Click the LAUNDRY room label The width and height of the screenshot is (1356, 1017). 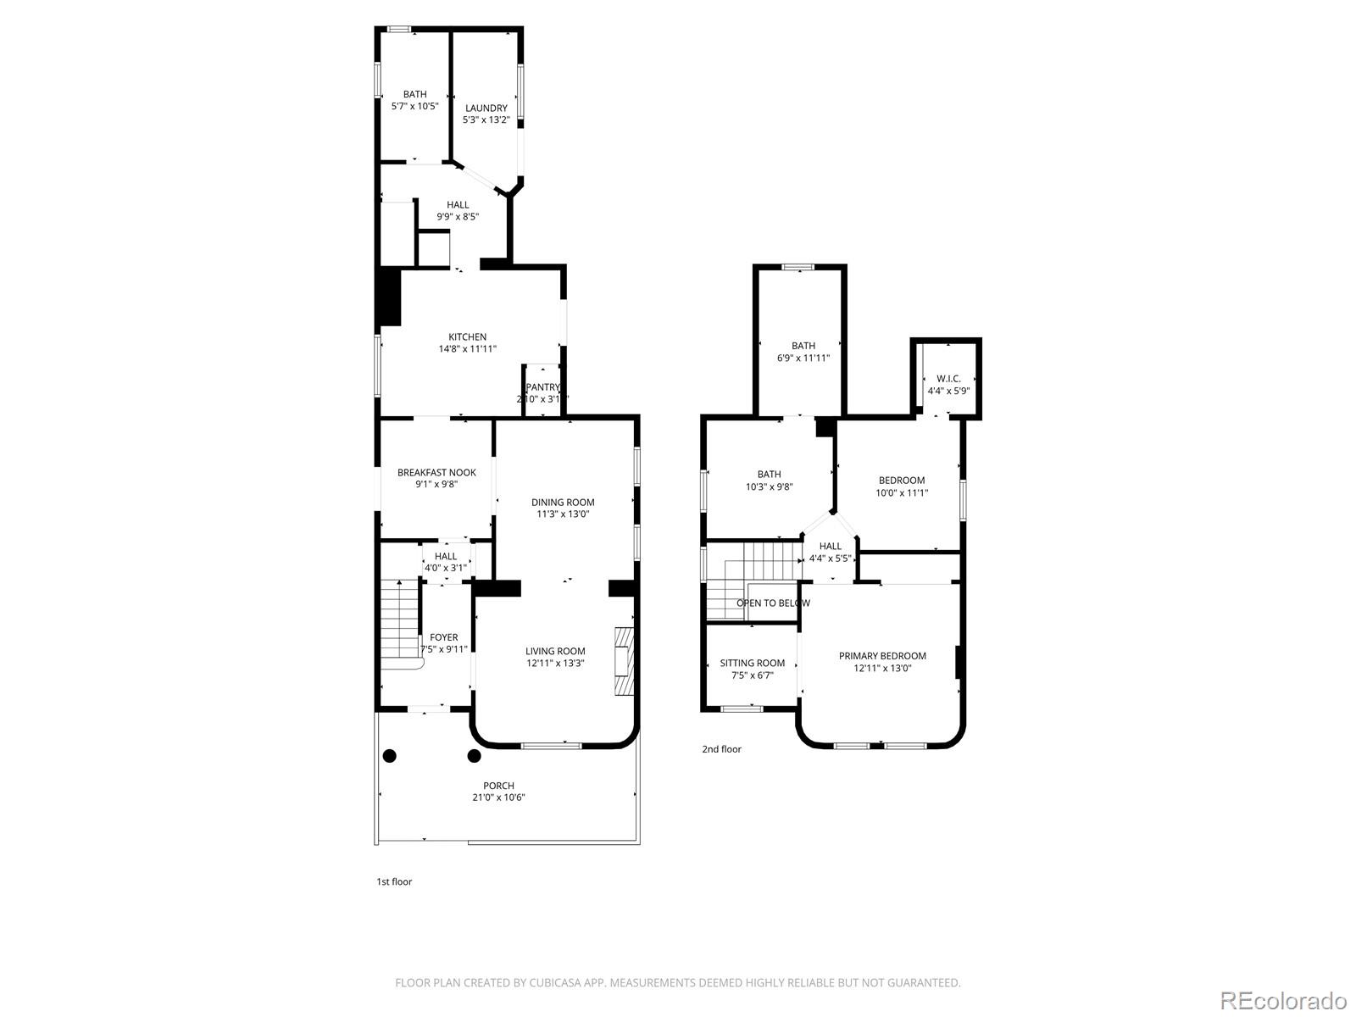tap(486, 108)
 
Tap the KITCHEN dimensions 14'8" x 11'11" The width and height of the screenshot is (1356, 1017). tap(467, 349)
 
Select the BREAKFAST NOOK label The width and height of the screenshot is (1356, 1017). tap(436, 473)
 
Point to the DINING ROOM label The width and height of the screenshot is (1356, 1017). tap(563, 503)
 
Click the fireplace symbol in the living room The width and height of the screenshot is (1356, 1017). tap(624, 661)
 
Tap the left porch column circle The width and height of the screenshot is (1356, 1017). tap(390, 755)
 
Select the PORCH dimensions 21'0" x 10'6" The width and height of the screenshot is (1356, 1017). tap(498, 797)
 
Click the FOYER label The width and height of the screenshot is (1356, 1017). tap(443, 637)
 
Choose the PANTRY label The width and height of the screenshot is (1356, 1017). tap(543, 387)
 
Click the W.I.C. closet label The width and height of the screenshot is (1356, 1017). tap(948, 379)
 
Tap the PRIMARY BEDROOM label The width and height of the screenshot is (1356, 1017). tap(882, 656)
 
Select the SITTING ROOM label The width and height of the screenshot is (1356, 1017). tap(752, 664)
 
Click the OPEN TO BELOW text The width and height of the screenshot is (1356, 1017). tap(773, 603)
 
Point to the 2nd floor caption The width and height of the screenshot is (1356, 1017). tap(721, 749)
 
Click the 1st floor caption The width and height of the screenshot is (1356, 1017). tap(394, 882)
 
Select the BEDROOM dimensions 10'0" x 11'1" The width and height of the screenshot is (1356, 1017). tap(902, 492)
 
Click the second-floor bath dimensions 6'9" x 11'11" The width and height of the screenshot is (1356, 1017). tap(803, 358)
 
